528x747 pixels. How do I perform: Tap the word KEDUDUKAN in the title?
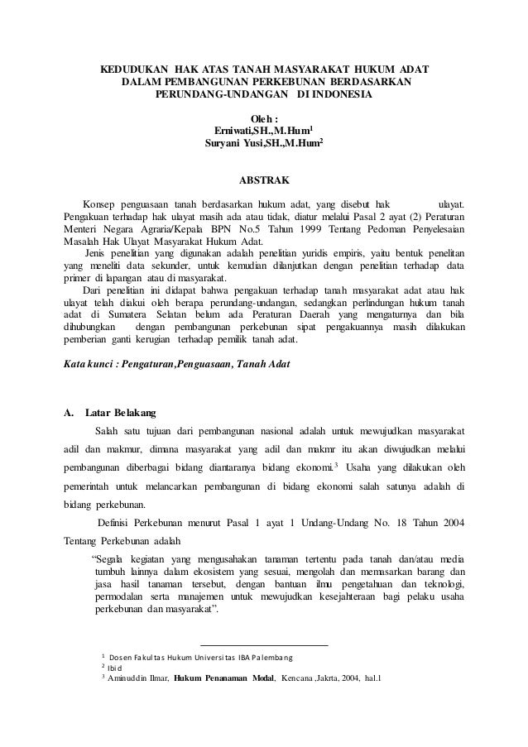pyautogui.click(x=136, y=69)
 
